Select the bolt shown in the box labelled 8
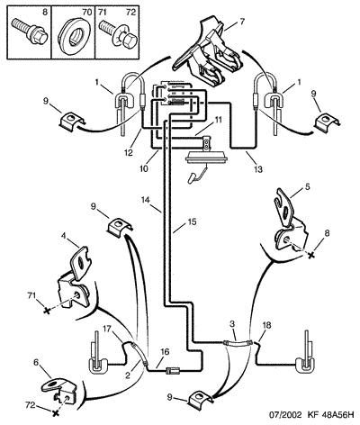(x=30, y=32)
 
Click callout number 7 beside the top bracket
(x=242, y=22)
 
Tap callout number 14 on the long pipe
(x=148, y=200)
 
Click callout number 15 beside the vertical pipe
(x=192, y=222)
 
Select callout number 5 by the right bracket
(x=307, y=186)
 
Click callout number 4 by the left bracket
(x=63, y=236)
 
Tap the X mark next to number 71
(x=47, y=311)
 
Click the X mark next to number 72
(x=55, y=413)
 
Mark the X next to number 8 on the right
(x=311, y=255)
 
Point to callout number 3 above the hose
(x=232, y=324)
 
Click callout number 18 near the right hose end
(x=266, y=325)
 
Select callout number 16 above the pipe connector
(x=165, y=351)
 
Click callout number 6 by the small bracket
(x=36, y=362)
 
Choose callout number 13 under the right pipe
(x=257, y=169)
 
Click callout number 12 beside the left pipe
(x=129, y=153)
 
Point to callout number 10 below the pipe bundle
(x=143, y=168)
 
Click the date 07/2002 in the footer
(x=284, y=415)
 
